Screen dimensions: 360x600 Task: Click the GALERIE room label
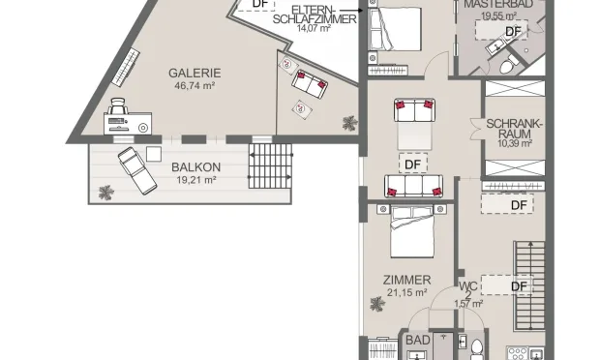pyautogui.click(x=195, y=73)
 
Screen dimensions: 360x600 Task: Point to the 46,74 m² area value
pyautogui.click(x=195, y=85)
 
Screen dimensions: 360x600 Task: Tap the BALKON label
pyautogui.click(x=197, y=166)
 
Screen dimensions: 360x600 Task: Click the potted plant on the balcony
pyautogui.click(x=105, y=194)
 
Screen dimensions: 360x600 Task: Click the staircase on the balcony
pyautogui.click(x=269, y=167)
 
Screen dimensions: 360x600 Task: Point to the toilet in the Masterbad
pyautogui.click(x=506, y=66)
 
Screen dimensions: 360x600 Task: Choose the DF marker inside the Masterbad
pyautogui.click(x=513, y=31)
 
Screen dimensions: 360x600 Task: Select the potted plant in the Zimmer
pyautogui.click(x=374, y=306)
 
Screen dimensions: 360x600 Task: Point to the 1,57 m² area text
pyautogui.click(x=468, y=304)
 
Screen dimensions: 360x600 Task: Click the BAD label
pyautogui.click(x=417, y=340)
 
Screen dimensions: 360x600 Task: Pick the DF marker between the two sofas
pyautogui.click(x=413, y=164)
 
